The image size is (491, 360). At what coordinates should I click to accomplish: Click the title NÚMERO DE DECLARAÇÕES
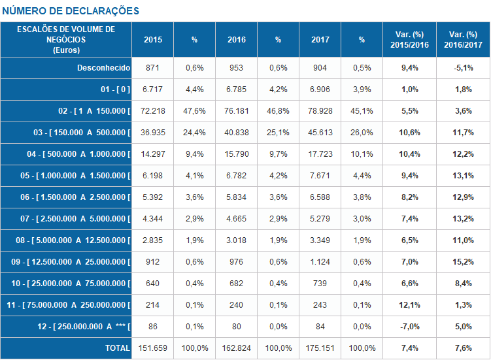tap(71, 11)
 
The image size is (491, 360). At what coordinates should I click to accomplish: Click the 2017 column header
tap(320, 40)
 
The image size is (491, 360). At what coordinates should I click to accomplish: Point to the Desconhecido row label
tap(104, 68)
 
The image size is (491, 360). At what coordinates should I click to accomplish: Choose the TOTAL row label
tap(118, 348)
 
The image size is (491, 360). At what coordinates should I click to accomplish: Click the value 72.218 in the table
tap(153, 111)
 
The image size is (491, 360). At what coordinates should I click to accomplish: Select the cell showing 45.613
tap(320, 133)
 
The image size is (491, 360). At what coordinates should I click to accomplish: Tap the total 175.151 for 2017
tap(320, 348)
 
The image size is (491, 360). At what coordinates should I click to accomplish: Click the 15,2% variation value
tap(464, 262)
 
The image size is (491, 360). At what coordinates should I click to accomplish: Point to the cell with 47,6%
tap(195, 111)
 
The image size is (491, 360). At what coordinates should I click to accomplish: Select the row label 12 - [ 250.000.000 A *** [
tap(79, 327)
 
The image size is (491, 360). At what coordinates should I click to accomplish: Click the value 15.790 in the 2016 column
tap(237, 154)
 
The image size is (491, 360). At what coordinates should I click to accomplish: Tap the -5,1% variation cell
tap(464, 68)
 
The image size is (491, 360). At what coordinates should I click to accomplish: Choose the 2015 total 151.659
tap(153, 348)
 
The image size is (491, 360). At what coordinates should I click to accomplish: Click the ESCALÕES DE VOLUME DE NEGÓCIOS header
tap(66, 39)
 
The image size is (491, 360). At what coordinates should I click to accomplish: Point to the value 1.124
tap(320, 262)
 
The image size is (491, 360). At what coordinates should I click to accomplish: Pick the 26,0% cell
tap(362, 133)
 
